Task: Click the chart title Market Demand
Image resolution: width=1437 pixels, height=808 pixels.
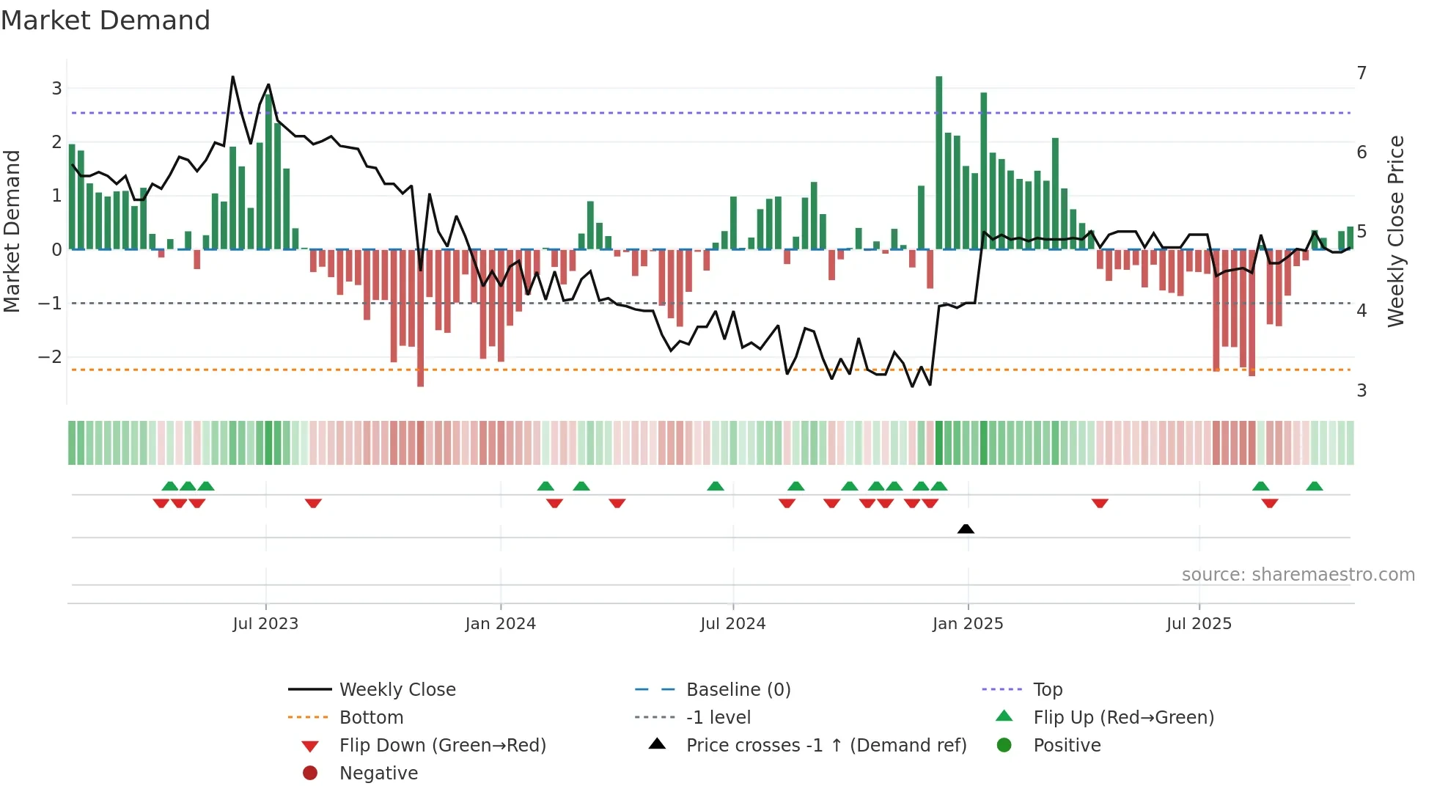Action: click(106, 21)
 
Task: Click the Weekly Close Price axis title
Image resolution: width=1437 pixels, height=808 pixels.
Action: click(1396, 231)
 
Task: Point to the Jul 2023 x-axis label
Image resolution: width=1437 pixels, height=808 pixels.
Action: click(265, 624)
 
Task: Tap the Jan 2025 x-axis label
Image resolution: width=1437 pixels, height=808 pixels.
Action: click(968, 624)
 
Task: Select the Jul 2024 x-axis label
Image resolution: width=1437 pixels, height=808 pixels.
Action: click(732, 624)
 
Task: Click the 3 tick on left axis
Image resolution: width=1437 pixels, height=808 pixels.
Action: click(56, 89)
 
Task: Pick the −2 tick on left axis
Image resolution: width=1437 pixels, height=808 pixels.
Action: click(51, 357)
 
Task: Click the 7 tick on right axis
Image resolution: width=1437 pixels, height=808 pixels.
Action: click(1361, 73)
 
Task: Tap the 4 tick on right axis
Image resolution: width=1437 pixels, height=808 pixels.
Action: click(1361, 311)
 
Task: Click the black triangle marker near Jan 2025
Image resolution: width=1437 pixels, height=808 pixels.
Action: click(966, 529)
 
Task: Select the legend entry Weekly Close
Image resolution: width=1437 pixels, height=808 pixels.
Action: click(397, 690)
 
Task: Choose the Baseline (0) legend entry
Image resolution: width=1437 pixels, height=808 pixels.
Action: click(738, 690)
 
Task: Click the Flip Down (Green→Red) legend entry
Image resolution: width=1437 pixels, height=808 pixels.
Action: click(442, 746)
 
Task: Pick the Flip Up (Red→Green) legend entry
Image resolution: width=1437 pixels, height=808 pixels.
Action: click(1123, 718)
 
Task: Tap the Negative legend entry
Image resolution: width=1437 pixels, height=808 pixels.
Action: click(378, 774)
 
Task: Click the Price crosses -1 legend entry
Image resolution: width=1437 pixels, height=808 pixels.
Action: click(826, 746)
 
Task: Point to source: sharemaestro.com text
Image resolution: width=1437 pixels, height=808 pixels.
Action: click(1298, 575)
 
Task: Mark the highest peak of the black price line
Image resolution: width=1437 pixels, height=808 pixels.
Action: click(233, 77)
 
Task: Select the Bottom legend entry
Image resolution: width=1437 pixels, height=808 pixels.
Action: click(371, 718)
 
